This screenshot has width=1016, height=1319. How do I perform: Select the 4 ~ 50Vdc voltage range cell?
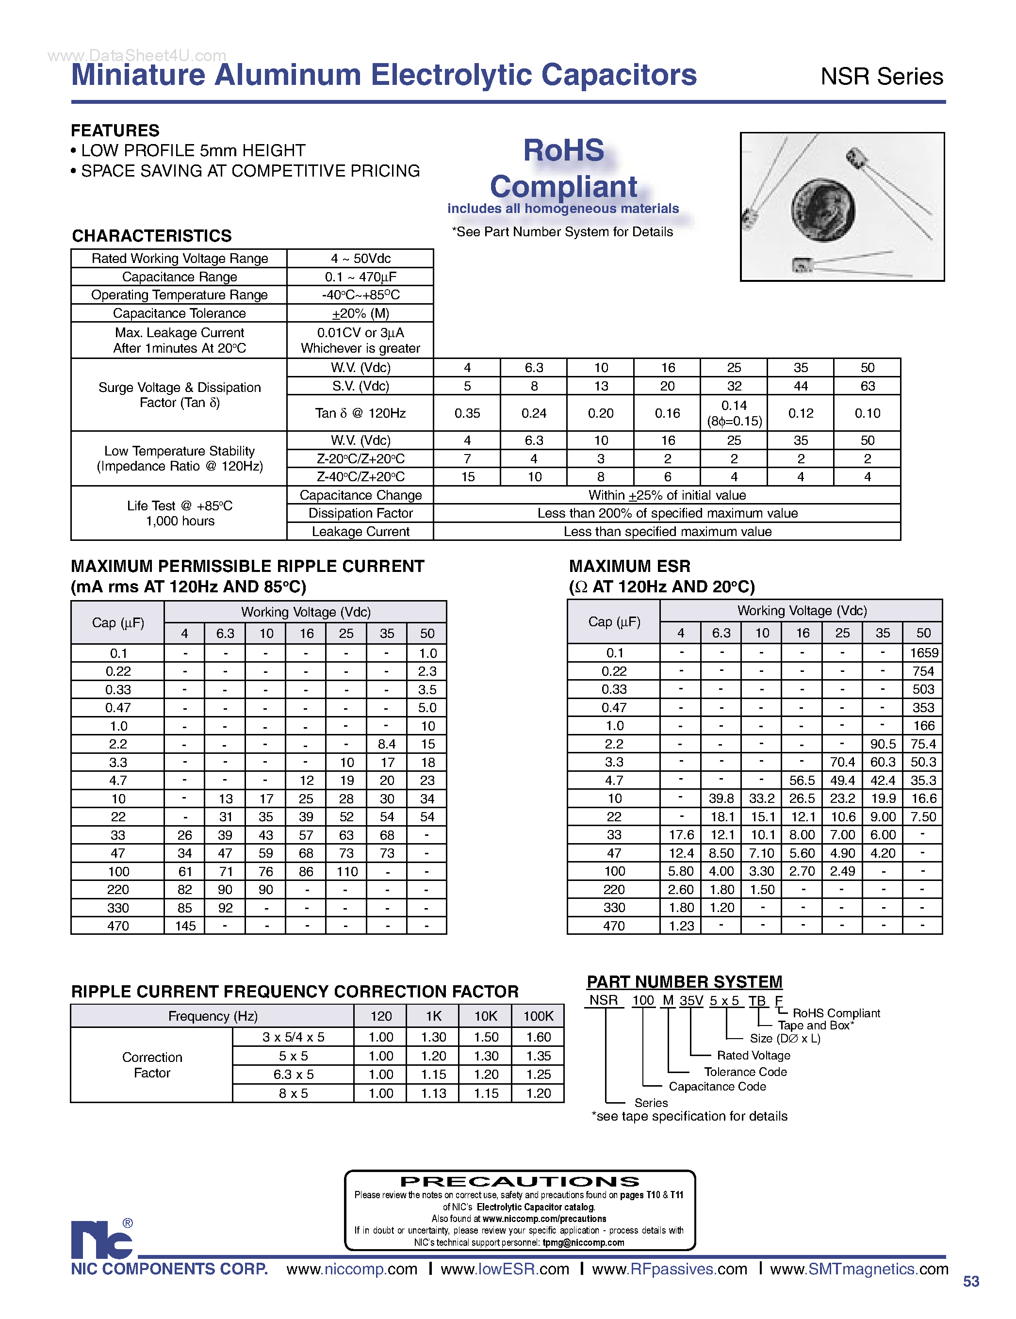[x=360, y=259]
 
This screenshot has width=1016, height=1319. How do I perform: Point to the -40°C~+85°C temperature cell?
[x=360, y=295]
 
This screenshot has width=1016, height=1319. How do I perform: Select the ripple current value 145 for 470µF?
[x=185, y=926]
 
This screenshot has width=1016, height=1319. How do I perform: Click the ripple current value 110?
[x=347, y=871]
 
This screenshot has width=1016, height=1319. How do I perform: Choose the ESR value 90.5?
[x=883, y=744]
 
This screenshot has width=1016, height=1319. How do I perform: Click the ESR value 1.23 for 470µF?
[x=681, y=926]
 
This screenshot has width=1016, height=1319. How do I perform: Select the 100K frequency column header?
[x=538, y=1016]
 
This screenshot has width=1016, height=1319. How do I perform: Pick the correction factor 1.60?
[x=538, y=1037]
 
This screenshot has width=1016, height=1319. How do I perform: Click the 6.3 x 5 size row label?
[x=293, y=1075]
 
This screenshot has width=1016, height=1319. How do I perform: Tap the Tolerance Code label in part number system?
[x=745, y=1072]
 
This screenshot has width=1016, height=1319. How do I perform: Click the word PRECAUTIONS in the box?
[x=520, y=1182]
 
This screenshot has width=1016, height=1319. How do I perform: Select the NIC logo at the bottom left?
[x=101, y=1239]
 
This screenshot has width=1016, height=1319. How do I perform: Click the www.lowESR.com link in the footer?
[x=505, y=1269]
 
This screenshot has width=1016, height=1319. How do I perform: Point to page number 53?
[x=971, y=1281]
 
